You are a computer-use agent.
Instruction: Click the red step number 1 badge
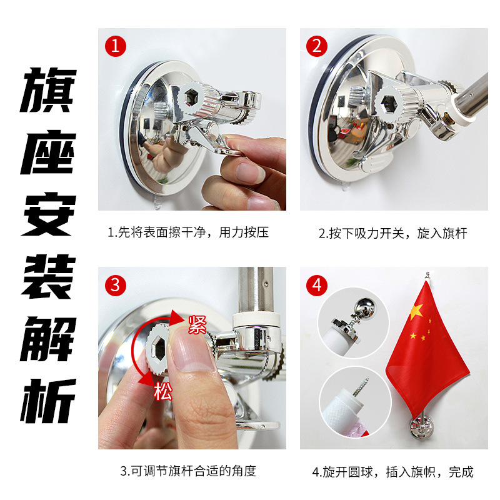116,46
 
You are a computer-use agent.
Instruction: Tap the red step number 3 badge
116,285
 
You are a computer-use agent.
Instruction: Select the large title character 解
49,338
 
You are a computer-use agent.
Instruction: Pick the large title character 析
49,400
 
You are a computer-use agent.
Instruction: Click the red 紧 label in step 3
196,325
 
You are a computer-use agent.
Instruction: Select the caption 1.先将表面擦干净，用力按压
188,233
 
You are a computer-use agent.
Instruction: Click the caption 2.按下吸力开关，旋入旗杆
393,233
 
